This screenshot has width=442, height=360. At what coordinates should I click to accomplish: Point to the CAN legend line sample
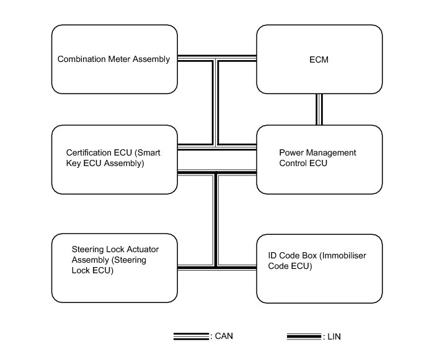(191, 336)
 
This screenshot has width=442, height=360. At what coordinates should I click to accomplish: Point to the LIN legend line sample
(304, 336)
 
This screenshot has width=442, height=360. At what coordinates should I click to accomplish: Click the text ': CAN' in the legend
(222, 336)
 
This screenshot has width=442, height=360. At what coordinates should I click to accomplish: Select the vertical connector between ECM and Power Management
(319, 109)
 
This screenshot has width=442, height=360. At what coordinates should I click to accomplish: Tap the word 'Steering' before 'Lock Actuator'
(87, 249)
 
